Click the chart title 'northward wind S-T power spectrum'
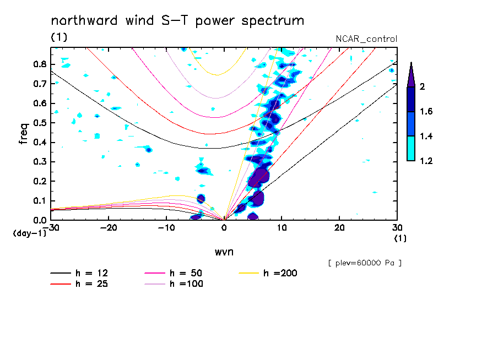pos(177,21)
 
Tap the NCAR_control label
pos(366,39)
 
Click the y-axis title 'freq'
pos(23,134)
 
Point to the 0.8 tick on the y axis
pos(40,64)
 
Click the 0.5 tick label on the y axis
pos(40,123)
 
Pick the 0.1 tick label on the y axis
pos(40,201)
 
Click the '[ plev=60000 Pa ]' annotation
pos(365,263)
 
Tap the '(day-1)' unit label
pos(29,233)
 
